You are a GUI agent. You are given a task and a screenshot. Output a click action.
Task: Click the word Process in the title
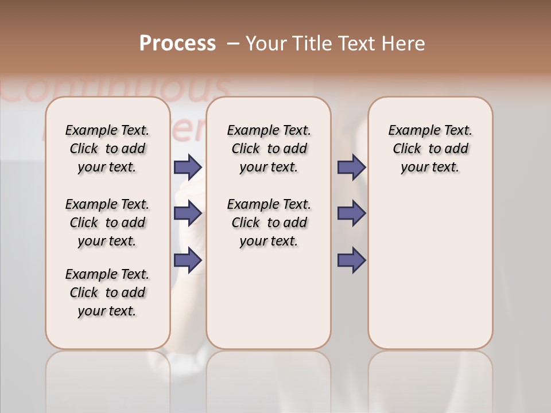177,44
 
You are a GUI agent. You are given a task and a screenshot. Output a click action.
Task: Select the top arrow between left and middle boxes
188,167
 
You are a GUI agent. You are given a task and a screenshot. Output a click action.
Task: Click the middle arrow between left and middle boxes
188,213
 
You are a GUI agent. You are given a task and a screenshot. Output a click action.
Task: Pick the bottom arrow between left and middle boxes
188,260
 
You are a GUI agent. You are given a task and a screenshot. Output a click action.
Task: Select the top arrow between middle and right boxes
351,167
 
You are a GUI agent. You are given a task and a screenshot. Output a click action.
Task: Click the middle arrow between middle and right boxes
351,213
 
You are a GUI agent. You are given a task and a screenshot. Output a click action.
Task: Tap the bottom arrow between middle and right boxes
351,260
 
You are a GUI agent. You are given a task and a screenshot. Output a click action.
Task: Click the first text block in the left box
107,149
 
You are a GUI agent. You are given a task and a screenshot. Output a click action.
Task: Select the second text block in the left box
107,223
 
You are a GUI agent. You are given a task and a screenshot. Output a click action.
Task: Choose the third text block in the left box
107,293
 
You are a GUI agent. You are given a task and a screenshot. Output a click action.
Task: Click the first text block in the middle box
269,149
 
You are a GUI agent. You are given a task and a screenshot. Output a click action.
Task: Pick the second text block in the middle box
269,223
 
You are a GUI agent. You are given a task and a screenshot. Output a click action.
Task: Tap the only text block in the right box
430,149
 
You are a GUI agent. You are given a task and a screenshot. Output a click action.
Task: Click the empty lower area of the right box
430,275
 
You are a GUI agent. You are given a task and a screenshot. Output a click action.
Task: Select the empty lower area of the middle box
269,298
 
